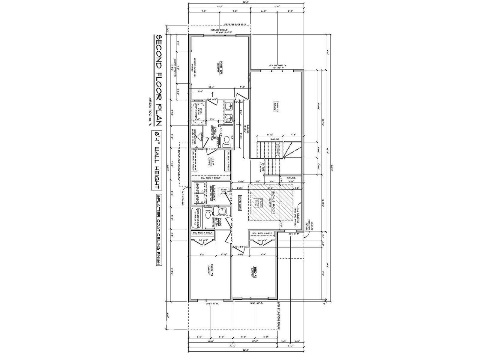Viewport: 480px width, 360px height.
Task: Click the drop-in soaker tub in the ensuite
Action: pyautogui.click(x=198, y=112)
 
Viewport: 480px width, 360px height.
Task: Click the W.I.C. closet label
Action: pyautogui.click(x=211, y=161)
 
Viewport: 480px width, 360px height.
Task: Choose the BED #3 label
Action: pyautogui.click(x=211, y=269)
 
